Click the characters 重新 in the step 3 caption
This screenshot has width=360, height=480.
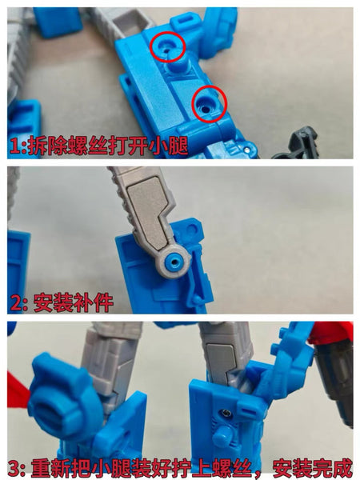pyautogui.click(x=50, y=468)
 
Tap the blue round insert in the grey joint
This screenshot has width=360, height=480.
pyautogui.click(x=174, y=262)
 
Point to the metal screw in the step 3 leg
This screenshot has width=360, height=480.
pyautogui.click(x=227, y=414)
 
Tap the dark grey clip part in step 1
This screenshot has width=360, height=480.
pyautogui.click(x=298, y=143)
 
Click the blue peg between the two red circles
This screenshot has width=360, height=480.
pyautogui.click(x=177, y=62)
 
